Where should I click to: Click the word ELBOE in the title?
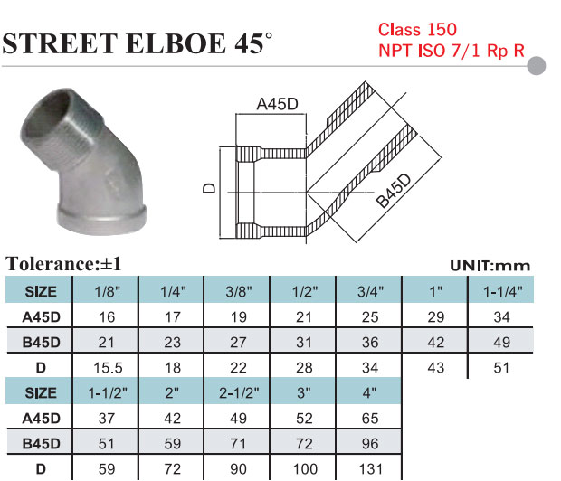[176, 43]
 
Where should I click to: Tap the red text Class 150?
[417, 29]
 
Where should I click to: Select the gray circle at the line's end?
[537, 66]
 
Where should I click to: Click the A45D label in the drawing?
[277, 104]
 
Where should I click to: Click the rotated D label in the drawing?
[209, 188]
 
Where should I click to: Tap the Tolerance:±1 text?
[63, 264]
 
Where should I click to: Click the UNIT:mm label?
[490, 266]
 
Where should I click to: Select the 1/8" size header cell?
[106, 290]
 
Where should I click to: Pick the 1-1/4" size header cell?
[501, 290]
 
